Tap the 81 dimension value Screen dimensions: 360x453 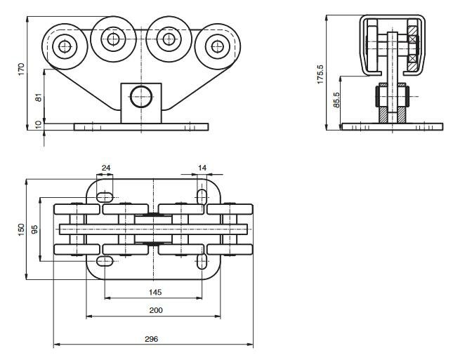click(39, 98)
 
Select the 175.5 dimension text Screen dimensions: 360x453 click(320, 74)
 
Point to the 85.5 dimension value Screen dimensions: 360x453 click(337, 100)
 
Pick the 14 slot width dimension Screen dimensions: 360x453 click(202, 168)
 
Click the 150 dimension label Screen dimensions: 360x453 click(22, 229)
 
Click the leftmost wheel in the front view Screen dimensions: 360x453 click(65, 46)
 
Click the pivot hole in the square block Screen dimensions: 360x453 click(140, 95)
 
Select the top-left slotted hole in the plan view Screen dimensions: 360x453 click(106, 196)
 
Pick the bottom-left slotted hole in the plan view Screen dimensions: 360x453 click(105, 262)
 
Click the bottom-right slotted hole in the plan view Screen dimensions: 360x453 click(202, 262)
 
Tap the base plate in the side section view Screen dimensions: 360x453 click(392, 127)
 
